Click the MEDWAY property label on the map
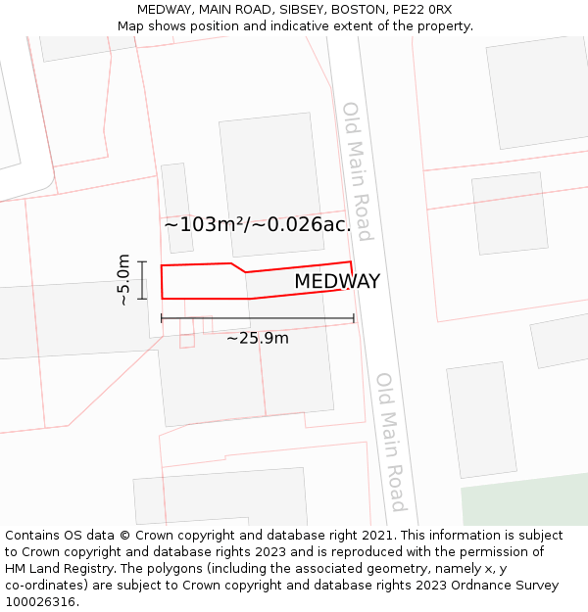click(x=337, y=282)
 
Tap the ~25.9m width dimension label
click(x=258, y=339)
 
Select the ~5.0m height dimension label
click(x=123, y=280)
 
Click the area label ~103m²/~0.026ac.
click(x=258, y=224)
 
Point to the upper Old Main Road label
click(x=357, y=170)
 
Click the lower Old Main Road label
click(x=391, y=441)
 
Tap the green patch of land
click(x=524, y=503)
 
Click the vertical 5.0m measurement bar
click(x=143, y=280)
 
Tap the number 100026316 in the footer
click(x=39, y=602)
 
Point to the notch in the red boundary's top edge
click(x=238, y=267)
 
